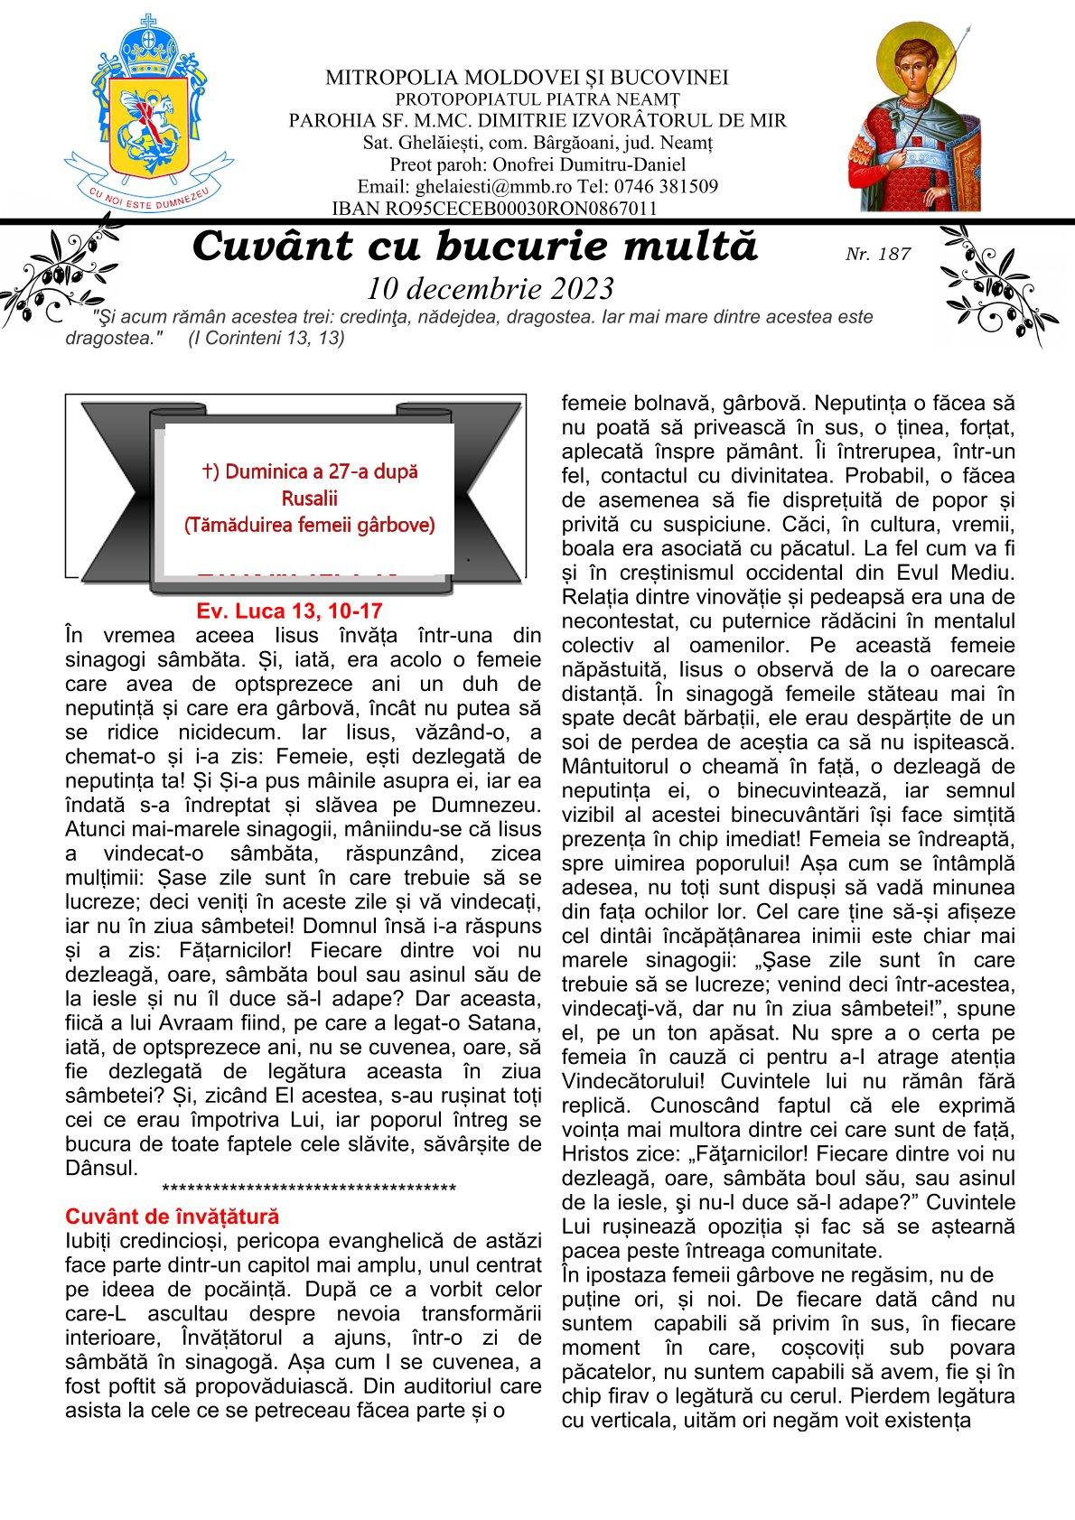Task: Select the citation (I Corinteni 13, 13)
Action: (x=266, y=338)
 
